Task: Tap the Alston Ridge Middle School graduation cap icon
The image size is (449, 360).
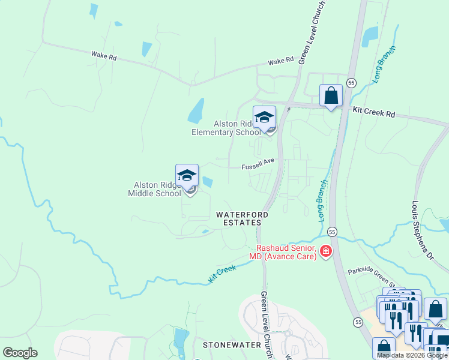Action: click(x=187, y=175)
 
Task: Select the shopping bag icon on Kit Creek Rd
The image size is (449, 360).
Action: click(x=331, y=95)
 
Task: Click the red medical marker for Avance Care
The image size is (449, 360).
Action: click(x=326, y=251)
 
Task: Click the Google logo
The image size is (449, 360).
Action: click(x=20, y=352)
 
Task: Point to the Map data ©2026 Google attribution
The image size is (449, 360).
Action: click(x=412, y=355)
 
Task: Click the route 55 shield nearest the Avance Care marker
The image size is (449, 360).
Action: click(x=333, y=232)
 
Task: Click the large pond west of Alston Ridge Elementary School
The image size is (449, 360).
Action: click(x=196, y=110)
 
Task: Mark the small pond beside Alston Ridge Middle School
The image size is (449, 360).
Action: click(x=208, y=181)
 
